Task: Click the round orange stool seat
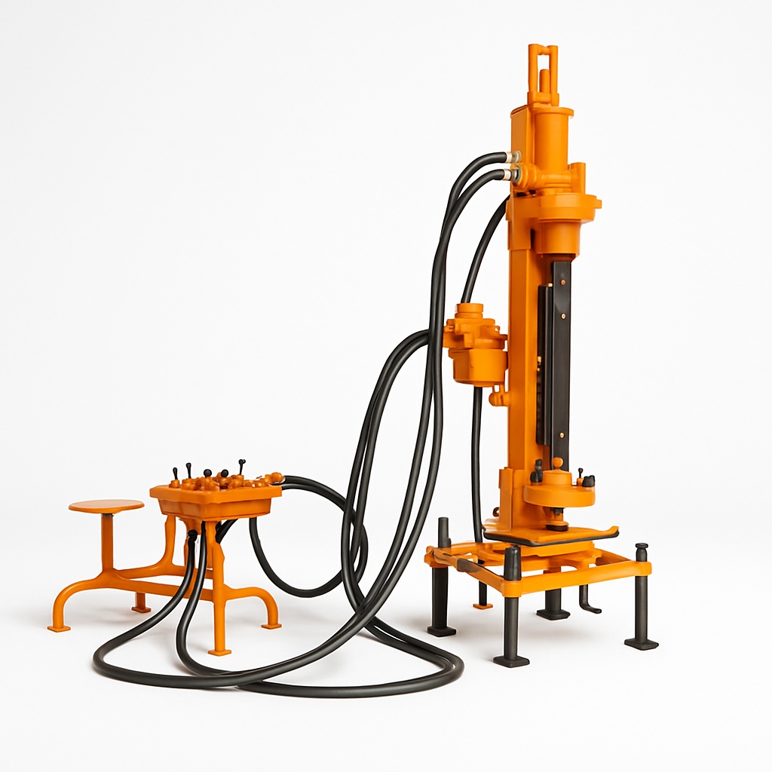[106, 506]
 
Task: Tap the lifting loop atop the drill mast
[543, 65]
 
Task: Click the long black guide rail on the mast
[560, 354]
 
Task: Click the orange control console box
[216, 498]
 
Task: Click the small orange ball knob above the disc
[557, 463]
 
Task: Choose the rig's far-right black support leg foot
[642, 643]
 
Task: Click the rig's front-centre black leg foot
[511, 660]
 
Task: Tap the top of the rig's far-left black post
[443, 522]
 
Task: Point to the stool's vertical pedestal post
[107, 541]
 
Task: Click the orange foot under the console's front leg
[219, 650]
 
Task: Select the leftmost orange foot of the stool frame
[59, 626]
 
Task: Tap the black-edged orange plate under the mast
[550, 535]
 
